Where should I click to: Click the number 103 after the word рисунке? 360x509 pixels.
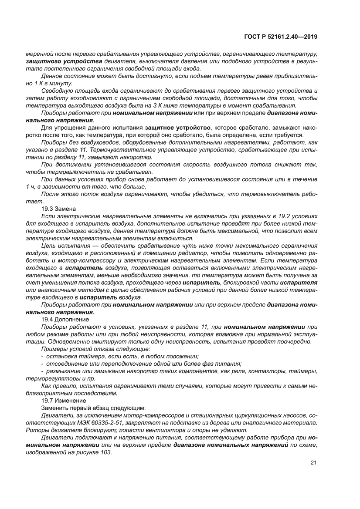tap(106, 452)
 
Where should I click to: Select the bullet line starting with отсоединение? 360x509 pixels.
tap(141, 363)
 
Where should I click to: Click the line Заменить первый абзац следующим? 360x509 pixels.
tap(93, 408)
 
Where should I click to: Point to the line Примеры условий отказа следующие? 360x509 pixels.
tap(95, 349)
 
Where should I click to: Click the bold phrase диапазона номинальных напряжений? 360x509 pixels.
tap(231, 445)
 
